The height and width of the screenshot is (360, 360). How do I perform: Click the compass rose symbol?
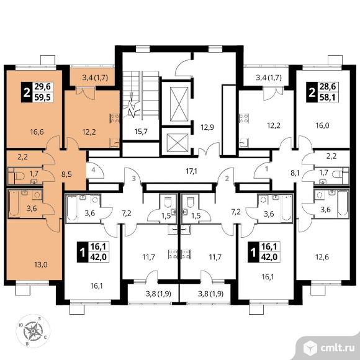(33, 331)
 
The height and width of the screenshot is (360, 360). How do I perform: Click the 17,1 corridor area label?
(191, 171)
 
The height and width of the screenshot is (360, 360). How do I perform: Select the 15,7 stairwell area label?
(141, 132)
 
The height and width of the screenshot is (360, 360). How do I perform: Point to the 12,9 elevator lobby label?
(207, 127)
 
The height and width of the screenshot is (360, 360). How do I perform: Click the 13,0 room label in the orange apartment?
(41, 264)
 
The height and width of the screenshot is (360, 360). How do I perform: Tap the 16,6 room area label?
(37, 132)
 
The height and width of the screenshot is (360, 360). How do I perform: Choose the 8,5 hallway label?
(66, 174)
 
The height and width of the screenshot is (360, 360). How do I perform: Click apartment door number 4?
(93, 170)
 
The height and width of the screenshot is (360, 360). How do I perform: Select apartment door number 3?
(134, 178)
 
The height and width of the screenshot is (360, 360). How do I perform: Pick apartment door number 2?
(227, 178)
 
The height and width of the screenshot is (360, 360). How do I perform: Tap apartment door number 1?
(266, 169)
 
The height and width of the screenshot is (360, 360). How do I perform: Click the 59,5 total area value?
(43, 98)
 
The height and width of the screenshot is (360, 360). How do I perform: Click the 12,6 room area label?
(322, 257)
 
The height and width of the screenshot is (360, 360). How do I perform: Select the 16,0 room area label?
(323, 125)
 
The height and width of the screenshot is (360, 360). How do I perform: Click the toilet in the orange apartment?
(19, 176)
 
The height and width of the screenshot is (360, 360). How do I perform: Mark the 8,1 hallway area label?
(295, 173)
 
